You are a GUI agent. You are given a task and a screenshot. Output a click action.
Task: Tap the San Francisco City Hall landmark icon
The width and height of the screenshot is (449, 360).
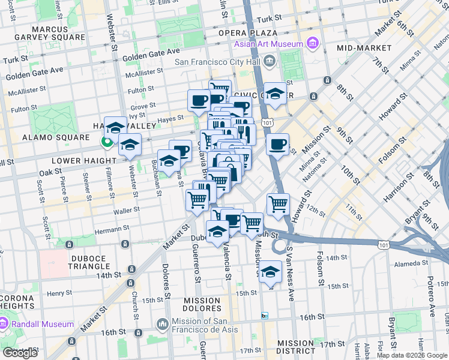pyautogui.click(x=270, y=61)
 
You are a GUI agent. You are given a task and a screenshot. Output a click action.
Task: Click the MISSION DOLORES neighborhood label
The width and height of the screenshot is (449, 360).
pyautogui.click(x=202, y=305)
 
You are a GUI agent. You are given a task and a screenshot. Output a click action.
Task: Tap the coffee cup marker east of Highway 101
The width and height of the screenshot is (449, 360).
pyautogui.click(x=277, y=145)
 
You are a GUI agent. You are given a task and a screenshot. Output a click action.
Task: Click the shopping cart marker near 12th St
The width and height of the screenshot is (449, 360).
pyautogui.click(x=278, y=205)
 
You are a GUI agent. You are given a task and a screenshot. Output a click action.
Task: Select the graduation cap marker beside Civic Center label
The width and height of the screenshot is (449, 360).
pyautogui.click(x=275, y=94)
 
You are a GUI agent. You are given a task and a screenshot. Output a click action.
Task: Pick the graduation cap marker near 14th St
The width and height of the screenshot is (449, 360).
pyautogui.click(x=271, y=272)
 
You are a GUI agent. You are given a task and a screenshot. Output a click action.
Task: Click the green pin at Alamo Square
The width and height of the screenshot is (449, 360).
pyautogui.click(x=107, y=142)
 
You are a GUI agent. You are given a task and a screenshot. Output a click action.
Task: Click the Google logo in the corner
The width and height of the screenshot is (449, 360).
pyautogui.click(x=20, y=353)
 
